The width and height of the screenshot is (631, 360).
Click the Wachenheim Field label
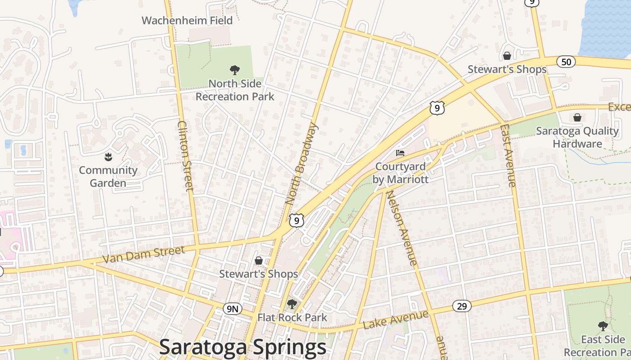[187, 20]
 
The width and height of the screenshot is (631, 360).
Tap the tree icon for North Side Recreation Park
[234, 70]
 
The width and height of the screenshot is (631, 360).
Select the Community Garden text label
[108, 176]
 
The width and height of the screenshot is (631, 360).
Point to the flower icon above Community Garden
[108, 157]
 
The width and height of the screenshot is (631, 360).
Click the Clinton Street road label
[186, 156]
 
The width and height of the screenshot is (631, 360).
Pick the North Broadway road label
[301, 164]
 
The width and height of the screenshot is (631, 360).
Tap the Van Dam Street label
[144, 255]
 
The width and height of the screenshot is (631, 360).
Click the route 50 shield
[566, 62]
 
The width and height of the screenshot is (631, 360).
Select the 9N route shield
[233, 309]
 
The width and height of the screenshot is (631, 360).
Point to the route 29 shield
[462, 306]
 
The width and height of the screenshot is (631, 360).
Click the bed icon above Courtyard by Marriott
[400, 153]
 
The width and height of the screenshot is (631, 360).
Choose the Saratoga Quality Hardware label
[577, 137]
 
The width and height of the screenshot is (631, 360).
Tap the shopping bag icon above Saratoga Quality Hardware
[577, 117]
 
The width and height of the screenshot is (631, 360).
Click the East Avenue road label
[508, 155]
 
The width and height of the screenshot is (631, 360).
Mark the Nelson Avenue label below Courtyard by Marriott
[401, 227]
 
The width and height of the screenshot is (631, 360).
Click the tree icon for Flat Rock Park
[292, 304]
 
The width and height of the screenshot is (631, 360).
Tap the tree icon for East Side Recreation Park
[603, 326]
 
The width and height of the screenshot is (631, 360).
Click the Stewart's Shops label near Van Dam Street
[259, 274]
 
